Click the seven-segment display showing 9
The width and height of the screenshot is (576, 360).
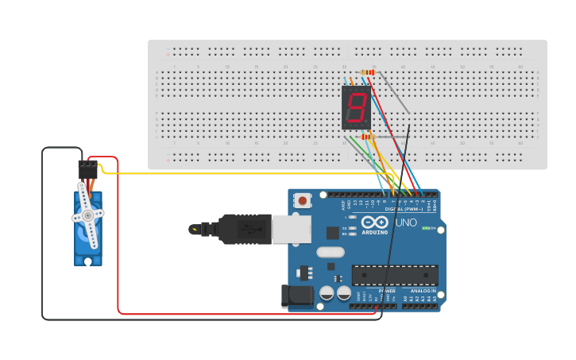(x=356, y=107)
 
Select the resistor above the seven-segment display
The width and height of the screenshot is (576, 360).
(x=367, y=72)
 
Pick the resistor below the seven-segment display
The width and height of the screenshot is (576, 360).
(x=367, y=137)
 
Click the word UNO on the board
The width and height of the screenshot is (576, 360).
(x=406, y=223)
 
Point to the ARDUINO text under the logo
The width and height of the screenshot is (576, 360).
(x=375, y=232)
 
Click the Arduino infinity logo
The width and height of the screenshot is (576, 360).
(x=375, y=222)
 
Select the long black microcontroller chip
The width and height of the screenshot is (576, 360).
(x=395, y=275)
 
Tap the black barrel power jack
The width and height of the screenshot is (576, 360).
(x=299, y=296)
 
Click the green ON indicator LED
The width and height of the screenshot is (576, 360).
(x=427, y=228)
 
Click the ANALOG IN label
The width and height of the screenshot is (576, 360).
(x=422, y=291)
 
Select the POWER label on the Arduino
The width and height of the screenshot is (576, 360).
(x=387, y=291)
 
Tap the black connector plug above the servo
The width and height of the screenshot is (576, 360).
(x=87, y=170)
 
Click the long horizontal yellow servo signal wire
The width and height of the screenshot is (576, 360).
(x=238, y=173)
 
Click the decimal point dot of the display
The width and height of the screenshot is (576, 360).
(x=369, y=124)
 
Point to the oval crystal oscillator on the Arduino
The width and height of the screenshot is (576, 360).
(x=330, y=253)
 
